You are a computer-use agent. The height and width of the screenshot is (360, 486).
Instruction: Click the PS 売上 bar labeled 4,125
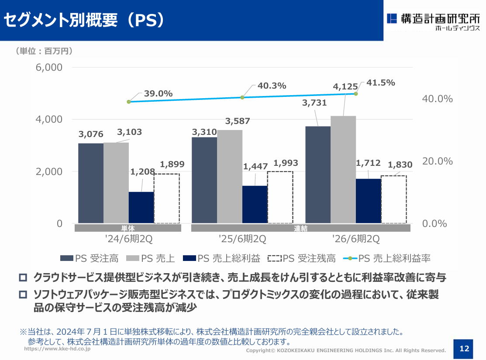point(343,169)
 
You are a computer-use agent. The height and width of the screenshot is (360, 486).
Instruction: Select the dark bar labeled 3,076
point(91,183)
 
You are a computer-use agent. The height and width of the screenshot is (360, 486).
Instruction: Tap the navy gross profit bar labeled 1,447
point(255,205)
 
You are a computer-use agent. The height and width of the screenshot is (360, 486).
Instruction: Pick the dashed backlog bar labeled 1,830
point(393,199)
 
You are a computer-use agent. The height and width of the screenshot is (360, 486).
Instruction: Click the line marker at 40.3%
point(242,97)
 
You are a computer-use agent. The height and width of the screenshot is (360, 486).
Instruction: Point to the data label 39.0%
point(158,93)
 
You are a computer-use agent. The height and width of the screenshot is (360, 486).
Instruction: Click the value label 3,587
point(238,121)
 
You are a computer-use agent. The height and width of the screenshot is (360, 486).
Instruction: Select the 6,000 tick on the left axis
point(49,67)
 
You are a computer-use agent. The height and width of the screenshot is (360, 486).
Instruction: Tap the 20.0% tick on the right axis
point(438,161)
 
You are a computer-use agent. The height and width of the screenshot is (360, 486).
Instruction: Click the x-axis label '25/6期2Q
point(242,239)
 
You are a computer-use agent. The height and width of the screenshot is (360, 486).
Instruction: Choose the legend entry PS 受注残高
point(302,258)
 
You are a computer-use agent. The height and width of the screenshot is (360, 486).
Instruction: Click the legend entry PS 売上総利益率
point(387,258)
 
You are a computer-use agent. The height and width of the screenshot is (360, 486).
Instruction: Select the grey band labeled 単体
point(128,228)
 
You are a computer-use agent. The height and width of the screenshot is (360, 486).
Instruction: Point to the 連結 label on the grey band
point(301,228)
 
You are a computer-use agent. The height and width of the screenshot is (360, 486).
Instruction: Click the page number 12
point(464,349)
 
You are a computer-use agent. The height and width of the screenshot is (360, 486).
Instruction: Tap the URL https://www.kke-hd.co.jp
point(57,349)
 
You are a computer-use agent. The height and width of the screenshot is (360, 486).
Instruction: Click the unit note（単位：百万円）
point(45,51)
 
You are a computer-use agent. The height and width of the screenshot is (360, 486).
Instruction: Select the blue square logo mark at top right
point(392,19)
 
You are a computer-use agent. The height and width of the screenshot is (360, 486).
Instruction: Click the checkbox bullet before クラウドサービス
point(23,277)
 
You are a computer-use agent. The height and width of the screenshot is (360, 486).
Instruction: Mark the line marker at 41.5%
point(356,93)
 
